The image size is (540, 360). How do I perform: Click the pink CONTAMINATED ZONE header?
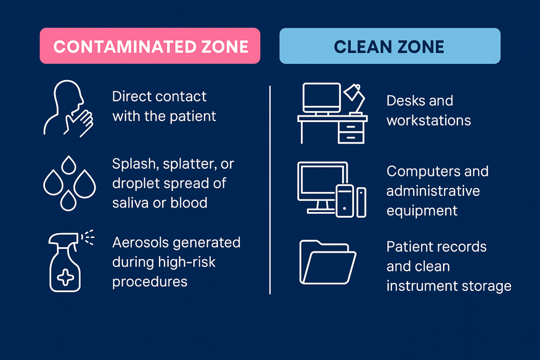(x=150, y=46)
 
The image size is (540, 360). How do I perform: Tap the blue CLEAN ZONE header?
(x=390, y=46)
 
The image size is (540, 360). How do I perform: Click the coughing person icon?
(x=68, y=109)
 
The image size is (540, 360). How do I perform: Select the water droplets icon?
(x=69, y=183)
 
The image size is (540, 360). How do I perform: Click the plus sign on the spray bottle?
(x=65, y=278)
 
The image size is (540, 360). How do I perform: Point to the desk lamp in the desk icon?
(x=355, y=99)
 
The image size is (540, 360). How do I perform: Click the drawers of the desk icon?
(x=351, y=132)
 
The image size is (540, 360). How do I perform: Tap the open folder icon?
(x=328, y=262)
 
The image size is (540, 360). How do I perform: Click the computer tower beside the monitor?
(x=345, y=201)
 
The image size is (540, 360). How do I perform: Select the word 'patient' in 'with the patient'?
(x=193, y=117)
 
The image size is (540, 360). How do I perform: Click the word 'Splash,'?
(x=135, y=164)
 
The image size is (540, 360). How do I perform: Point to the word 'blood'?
(x=189, y=202)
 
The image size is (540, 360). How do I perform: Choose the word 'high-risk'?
(x=187, y=262)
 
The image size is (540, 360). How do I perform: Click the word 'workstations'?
(x=428, y=120)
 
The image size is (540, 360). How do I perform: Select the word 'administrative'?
(x=433, y=191)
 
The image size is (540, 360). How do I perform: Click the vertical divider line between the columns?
(x=270, y=190)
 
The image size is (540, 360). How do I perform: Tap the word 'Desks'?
(x=404, y=100)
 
